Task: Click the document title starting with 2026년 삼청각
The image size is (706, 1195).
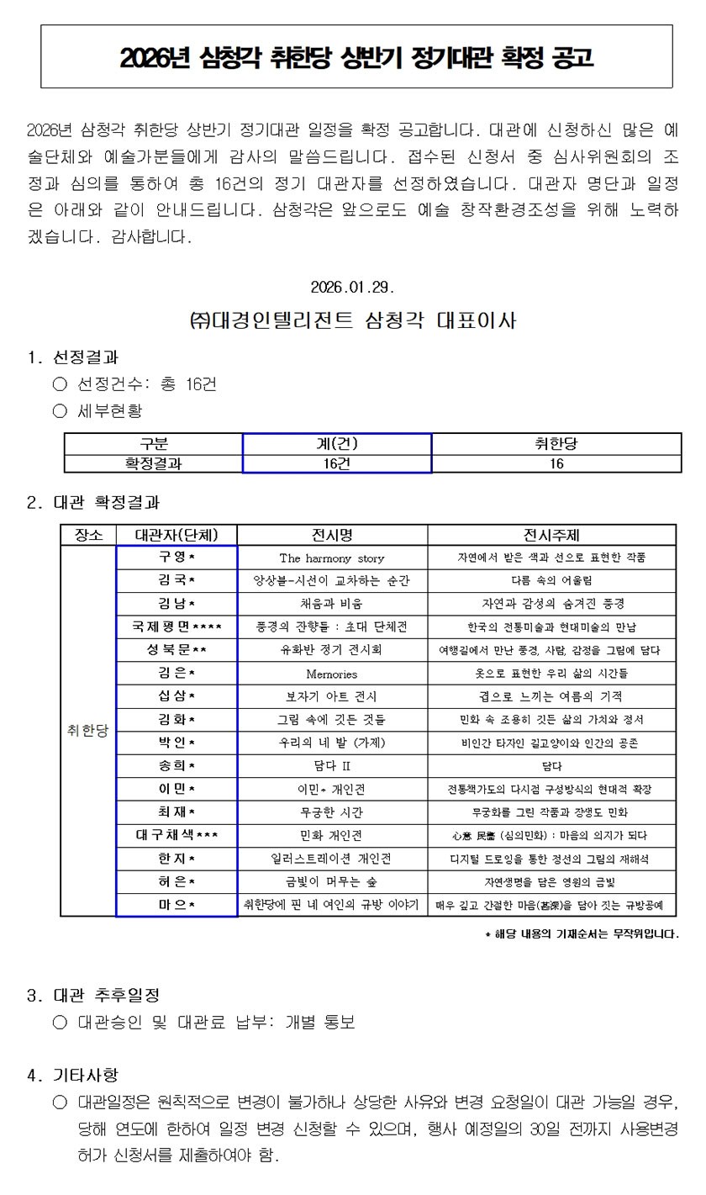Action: [356, 57]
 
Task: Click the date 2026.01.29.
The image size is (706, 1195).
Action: [352, 287]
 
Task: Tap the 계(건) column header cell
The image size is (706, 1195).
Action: [337, 444]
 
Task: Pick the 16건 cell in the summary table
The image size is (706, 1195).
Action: [337, 463]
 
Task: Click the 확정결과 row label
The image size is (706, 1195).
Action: [153, 463]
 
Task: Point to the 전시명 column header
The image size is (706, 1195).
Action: [332, 535]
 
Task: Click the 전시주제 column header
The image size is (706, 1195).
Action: [551, 535]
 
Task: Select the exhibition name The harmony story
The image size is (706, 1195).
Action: [332, 558]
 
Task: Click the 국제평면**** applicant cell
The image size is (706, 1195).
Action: [176, 627]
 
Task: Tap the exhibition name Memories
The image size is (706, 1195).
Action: [332, 674]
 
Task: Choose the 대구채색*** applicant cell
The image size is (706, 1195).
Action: [176, 835]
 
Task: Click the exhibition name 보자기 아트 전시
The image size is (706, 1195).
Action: [332, 696]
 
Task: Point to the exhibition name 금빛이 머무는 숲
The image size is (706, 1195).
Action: [332, 881]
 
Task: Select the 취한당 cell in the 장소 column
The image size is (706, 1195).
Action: [88, 731]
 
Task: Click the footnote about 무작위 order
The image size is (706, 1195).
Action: [582, 933]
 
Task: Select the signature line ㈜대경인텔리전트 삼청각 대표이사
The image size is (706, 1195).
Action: [353, 320]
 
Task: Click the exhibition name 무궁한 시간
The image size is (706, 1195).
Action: [332, 812]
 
